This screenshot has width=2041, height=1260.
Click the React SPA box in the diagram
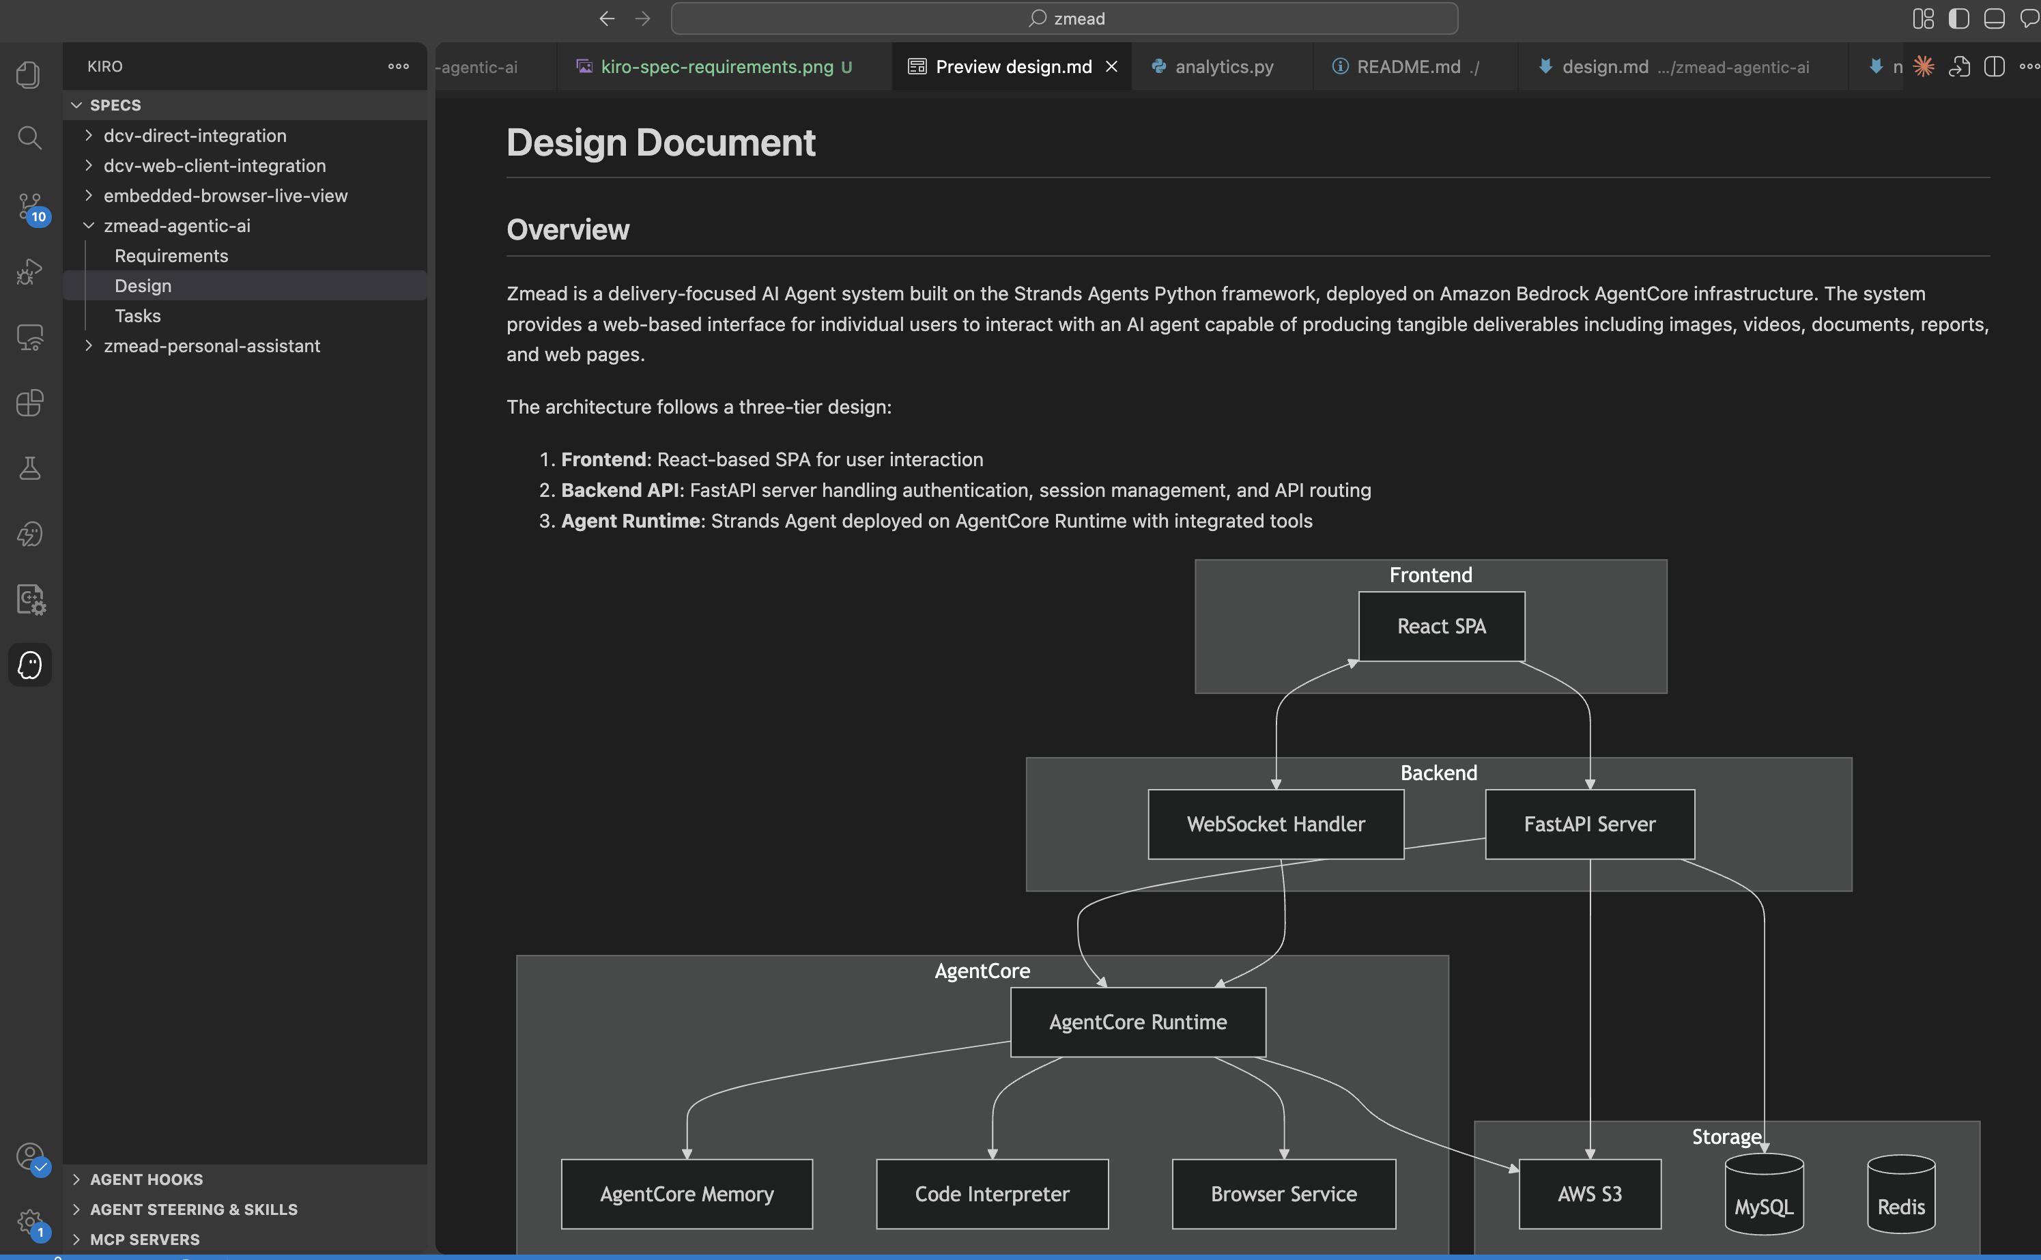tap(1441, 626)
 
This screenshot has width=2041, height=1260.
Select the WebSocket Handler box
tap(1275, 823)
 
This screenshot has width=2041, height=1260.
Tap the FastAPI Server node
tap(1589, 823)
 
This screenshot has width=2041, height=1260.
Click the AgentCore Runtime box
tap(1138, 1022)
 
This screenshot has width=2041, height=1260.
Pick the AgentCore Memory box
tap(687, 1193)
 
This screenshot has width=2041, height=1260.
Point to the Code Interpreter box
tap(992, 1193)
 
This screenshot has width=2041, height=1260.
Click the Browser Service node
tap(1283, 1193)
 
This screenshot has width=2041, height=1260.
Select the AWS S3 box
tap(1589, 1193)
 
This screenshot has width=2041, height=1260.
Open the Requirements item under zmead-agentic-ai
tap(171, 256)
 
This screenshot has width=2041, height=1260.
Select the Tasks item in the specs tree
tap(137, 316)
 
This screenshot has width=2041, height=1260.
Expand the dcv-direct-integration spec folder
tap(194, 136)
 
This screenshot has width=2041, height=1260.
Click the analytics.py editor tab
tap(1223, 67)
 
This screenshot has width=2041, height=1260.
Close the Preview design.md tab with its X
tap(1111, 67)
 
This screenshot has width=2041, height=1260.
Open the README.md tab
tap(1408, 67)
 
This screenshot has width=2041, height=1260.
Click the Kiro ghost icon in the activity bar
tap(30, 665)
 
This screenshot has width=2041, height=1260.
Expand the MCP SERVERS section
tap(144, 1239)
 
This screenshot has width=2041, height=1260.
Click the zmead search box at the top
tap(1064, 18)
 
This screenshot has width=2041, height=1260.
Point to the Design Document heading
tap(661, 143)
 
